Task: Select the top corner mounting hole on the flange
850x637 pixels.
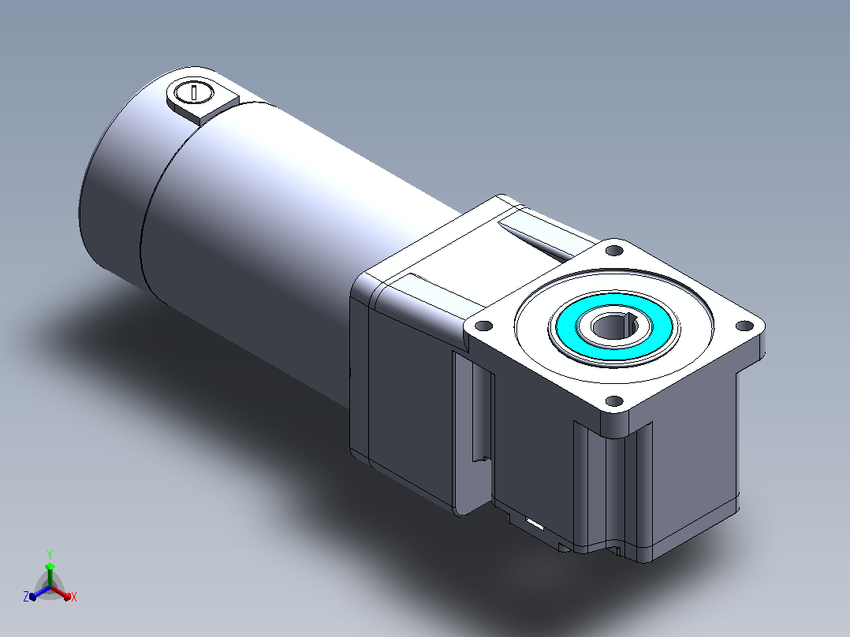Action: [x=614, y=251]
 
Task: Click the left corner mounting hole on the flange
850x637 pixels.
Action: [x=483, y=326]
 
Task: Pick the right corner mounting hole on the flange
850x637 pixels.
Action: [x=745, y=326]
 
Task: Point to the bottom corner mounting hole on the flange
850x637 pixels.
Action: [x=614, y=401]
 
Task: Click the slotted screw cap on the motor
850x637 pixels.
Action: [x=193, y=91]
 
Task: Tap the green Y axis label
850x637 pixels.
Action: [x=50, y=554]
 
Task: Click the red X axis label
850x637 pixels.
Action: [x=74, y=597]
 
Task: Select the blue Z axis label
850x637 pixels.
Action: [x=26, y=596]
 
